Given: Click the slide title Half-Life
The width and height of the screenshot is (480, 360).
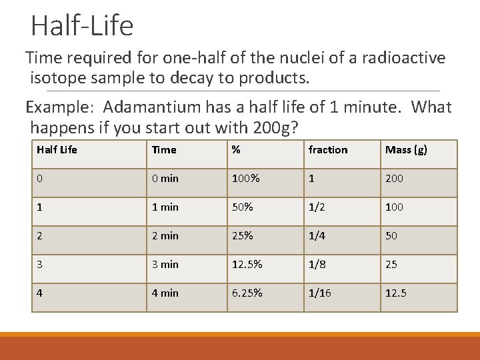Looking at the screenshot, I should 82,26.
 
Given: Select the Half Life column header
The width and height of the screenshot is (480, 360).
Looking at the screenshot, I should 57,150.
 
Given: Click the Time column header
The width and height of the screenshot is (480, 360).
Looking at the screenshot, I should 164,150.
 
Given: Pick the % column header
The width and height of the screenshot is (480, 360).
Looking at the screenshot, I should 235,150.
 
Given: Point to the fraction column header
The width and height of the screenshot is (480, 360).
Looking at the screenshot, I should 327,150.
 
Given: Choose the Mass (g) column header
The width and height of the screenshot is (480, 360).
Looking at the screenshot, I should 406,150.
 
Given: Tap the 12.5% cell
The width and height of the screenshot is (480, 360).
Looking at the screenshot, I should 247,265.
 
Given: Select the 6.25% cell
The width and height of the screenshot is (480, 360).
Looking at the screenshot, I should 247,293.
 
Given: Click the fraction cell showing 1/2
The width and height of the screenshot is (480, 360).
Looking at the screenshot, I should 317,207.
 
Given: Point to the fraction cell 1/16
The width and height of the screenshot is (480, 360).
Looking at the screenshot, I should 319,293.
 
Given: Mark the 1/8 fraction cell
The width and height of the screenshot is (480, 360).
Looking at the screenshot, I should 317,265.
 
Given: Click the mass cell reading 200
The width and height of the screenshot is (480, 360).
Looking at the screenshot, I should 394,179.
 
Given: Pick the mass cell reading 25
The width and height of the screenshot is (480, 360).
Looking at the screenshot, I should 391,265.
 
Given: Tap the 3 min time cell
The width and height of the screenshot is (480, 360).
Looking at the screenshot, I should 165,265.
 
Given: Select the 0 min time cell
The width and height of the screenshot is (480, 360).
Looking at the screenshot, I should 165,179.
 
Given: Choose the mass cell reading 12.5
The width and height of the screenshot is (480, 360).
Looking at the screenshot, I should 397,293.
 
